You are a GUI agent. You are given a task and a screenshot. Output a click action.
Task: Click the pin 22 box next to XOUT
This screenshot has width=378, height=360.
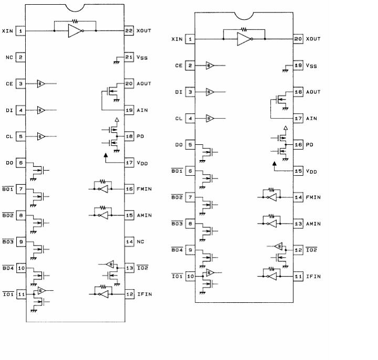(x=129, y=30)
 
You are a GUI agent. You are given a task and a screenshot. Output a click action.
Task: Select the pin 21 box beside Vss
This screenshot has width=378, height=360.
(x=129, y=57)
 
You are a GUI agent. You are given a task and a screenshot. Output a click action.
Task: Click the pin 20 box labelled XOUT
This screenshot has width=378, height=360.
(x=298, y=39)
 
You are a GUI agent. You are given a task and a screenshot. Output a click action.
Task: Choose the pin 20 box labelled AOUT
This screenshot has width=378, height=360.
(x=129, y=83)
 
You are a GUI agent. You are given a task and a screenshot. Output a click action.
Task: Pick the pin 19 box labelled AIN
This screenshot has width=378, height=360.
(x=129, y=110)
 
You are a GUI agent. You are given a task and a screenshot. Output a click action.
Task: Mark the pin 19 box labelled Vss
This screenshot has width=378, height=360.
(x=298, y=66)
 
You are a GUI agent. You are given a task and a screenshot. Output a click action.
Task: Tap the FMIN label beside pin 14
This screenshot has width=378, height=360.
(x=314, y=197)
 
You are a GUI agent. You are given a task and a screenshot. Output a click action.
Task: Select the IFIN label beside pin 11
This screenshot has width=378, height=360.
(x=314, y=277)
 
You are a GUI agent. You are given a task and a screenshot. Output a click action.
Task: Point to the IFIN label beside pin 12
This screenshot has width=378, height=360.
(x=145, y=294)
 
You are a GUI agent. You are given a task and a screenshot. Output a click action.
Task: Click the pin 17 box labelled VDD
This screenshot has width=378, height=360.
(x=129, y=163)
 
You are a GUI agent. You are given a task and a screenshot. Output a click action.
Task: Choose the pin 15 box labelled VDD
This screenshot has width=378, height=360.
(x=298, y=171)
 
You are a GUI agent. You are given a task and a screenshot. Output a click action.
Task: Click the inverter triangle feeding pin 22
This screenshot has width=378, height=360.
(x=75, y=31)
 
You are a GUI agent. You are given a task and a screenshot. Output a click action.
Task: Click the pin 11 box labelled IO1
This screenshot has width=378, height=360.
(x=21, y=294)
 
